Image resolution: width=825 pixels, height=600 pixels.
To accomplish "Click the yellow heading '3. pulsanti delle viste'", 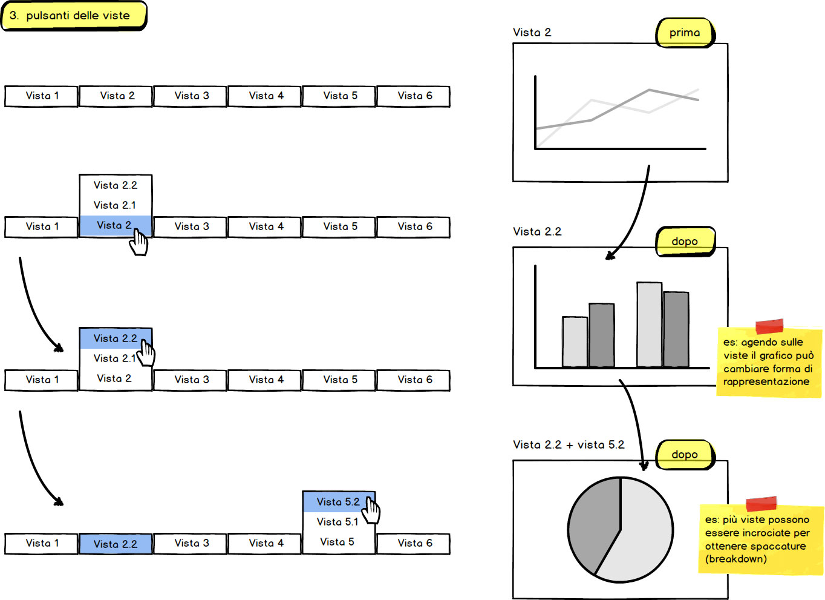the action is click(x=74, y=16).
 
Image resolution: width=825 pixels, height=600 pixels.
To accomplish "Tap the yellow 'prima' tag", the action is click(x=685, y=33).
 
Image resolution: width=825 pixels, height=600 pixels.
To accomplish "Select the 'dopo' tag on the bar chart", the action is click(x=685, y=241).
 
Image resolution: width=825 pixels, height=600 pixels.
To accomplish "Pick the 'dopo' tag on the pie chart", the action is click(x=685, y=454).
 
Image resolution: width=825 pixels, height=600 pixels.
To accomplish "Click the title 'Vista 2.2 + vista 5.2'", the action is click(x=569, y=445).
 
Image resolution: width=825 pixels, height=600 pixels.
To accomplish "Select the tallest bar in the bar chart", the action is click(x=650, y=325).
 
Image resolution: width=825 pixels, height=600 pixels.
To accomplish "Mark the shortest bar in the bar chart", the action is click(x=575, y=341).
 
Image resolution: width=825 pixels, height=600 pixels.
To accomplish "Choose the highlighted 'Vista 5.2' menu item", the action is click(x=339, y=501).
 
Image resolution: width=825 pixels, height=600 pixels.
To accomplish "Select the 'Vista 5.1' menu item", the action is click(x=337, y=522).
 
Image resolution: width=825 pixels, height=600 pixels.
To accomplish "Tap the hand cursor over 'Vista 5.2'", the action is click(x=371, y=511).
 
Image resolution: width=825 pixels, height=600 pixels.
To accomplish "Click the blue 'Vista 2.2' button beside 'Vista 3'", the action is click(x=116, y=544).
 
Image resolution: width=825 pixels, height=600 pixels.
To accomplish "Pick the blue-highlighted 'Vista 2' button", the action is click(x=115, y=225).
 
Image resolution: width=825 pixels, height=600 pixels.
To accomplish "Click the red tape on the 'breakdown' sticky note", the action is click(x=761, y=504).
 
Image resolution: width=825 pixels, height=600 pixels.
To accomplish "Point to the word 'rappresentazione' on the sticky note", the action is click(x=766, y=381).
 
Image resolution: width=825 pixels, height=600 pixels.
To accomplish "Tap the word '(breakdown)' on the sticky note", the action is click(x=736, y=559).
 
